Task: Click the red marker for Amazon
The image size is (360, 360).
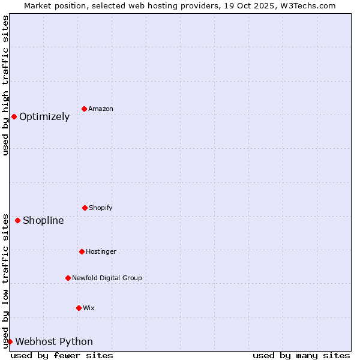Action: click(84, 109)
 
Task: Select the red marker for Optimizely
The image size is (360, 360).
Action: click(14, 116)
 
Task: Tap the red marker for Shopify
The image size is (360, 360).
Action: click(85, 208)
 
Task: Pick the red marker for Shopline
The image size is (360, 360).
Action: click(17, 220)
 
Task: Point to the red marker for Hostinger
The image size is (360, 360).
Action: click(82, 251)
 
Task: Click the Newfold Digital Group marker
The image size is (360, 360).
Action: click(68, 278)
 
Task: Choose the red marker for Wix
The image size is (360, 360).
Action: click(79, 308)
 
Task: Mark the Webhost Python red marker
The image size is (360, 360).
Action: click(10, 341)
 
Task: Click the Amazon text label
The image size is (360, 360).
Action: click(101, 109)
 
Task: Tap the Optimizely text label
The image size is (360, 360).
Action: click(44, 116)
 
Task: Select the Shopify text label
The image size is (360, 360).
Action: click(101, 208)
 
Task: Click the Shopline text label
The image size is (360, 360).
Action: click(43, 220)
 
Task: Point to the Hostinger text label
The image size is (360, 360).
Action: click(101, 251)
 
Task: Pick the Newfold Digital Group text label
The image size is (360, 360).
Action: click(107, 278)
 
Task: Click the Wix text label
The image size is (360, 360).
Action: click(89, 308)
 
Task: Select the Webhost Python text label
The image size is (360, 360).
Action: click(54, 341)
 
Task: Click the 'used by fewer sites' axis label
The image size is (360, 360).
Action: click(62, 355)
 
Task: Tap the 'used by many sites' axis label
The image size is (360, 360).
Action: click(301, 355)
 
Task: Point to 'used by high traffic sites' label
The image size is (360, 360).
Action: click(5, 85)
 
